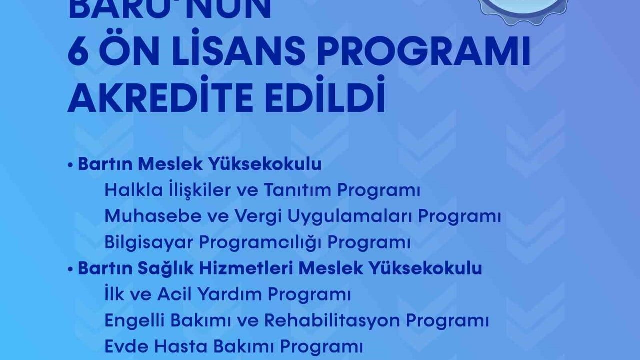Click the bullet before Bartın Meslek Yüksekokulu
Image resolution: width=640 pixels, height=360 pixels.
click(71, 165)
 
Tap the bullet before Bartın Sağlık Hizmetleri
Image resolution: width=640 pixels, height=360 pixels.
click(71, 269)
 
